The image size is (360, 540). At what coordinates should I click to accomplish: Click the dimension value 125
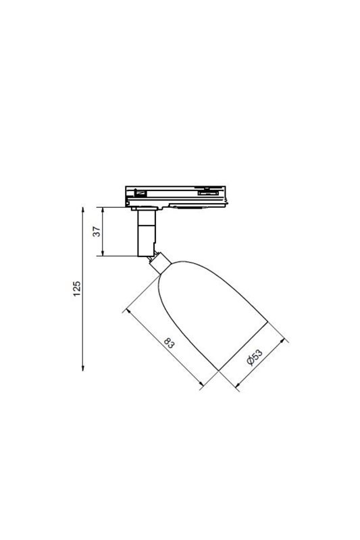coord(77,289)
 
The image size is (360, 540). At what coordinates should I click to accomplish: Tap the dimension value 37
coord(97,231)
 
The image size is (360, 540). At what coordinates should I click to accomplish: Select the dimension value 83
coord(169,344)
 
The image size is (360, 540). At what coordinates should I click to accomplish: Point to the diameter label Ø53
coord(255,357)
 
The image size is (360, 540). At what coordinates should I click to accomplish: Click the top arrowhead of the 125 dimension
coord(82,210)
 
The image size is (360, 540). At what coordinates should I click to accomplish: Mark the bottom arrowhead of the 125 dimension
coord(82,368)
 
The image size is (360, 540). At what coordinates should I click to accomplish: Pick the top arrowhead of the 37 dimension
coord(103,210)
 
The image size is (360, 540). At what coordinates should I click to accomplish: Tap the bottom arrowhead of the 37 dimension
coord(103,253)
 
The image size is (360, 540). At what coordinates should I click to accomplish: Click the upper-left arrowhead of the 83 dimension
coord(129,311)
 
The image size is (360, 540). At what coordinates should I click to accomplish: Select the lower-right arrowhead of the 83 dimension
coord(201,383)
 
